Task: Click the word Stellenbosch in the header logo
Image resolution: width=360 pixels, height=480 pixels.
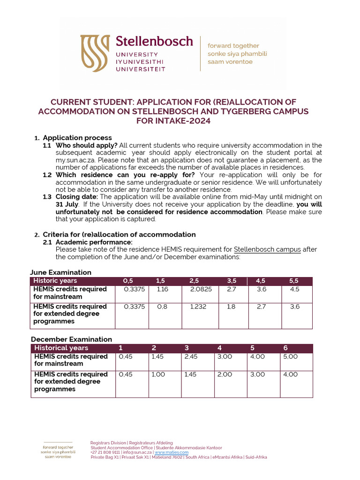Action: click(154, 41)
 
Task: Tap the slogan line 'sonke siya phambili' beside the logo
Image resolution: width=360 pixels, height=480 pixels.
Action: click(237, 53)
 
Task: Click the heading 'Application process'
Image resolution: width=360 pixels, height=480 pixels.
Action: click(77, 138)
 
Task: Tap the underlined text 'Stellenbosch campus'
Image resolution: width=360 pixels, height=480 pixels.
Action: click(267, 249)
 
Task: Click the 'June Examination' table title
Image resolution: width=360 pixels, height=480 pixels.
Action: click(60, 272)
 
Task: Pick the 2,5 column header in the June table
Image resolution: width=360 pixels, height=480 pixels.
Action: click(194, 281)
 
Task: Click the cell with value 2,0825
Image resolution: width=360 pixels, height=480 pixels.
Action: click(201, 289)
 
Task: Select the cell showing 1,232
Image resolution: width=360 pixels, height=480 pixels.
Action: click(198, 307)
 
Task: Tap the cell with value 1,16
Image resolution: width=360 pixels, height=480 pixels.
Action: click(163, 289)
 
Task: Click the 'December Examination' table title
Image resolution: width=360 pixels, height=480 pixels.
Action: click(71, 339)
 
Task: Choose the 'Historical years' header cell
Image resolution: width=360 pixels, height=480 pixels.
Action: click(61, 348)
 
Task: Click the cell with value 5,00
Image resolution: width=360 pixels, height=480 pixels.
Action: click(290, 357)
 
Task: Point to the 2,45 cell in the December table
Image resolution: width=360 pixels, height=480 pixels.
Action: click(192, 357)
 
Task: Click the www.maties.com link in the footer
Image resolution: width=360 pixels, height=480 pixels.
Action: click(172, 452)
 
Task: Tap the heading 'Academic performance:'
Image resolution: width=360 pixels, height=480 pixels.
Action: click(94, 242)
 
